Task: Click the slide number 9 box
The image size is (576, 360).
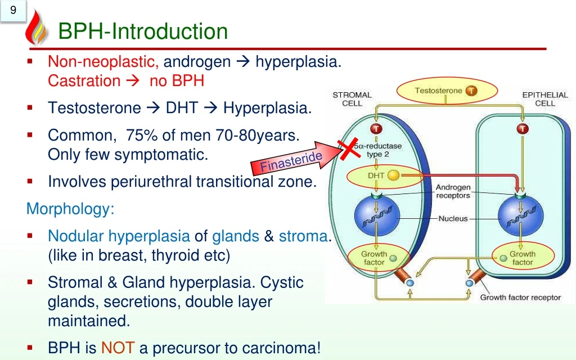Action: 13,11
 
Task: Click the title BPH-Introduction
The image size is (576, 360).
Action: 143,31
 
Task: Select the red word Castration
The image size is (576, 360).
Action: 84,81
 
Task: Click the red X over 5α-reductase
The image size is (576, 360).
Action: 349,150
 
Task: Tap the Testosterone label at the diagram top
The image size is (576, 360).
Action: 439,91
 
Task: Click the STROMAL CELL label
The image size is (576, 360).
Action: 352,99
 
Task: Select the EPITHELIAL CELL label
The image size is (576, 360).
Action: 544,99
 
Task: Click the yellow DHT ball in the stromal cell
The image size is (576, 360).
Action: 393,175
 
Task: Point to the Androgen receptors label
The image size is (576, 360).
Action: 453,191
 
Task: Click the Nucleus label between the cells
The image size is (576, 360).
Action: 453,218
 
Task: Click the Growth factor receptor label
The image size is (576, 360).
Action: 520,298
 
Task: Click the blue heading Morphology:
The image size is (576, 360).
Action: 70,209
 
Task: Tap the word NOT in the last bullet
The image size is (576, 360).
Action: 118,349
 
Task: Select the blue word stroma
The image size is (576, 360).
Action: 303,236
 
